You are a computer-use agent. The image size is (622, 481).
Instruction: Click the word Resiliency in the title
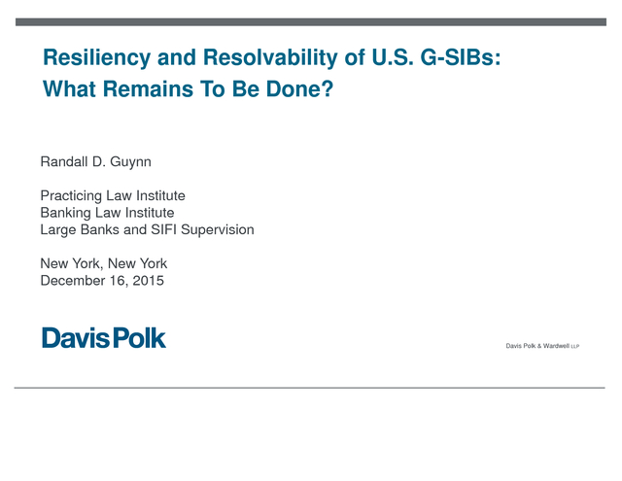pyautogui.click(x=97, y=58)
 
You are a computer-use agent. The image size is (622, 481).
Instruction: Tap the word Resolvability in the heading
pyautogui.click(x=270, y=58)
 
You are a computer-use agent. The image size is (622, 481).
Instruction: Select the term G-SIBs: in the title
pyautogui.click(x=461, y=57)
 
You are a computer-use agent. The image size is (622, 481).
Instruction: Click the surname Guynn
pyautogui.click(x=130, y=162)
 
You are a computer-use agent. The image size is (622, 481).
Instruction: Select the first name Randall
pyautogui.click(x=64, y=161)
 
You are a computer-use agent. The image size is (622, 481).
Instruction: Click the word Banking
pyautogui.click(x=65, y=213)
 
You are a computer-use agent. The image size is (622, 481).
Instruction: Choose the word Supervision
pyautogui.click(x=218, y=230)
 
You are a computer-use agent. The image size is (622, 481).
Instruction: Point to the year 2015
pyautogui.click(x=148, y=281)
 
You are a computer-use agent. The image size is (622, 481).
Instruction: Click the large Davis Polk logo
pyautogui.click(x=104, y=338)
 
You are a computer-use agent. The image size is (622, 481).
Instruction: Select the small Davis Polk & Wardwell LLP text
pyautogui.click(x=542, y=346)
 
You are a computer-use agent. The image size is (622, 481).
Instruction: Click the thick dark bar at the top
pyautogui.click(x=311, y=21)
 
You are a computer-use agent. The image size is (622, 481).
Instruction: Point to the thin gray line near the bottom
pyautogui.click(x=309, y=388)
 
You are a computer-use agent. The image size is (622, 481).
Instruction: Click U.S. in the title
pyautogui.click(x=392, y=57)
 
